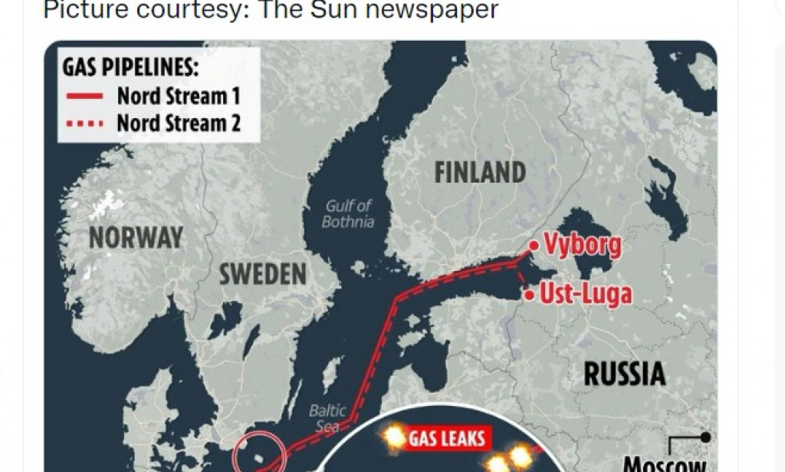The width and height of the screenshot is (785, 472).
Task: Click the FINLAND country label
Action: (480, 172)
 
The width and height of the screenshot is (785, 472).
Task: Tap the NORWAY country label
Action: (136, 237)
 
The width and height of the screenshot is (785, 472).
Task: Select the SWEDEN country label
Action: (263, 274)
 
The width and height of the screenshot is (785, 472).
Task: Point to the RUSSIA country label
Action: (624, 374)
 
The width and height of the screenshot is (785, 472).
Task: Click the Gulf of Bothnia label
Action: (348, 214)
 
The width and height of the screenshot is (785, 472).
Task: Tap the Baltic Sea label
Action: (327, 418)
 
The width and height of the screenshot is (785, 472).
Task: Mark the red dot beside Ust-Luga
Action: (528, 293)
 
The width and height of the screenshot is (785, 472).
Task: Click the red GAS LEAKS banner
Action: (446, 438)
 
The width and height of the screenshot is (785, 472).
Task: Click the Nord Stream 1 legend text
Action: (179, 97)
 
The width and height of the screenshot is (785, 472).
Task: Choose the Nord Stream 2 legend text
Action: (179, 123)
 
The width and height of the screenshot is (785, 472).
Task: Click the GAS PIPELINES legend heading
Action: (130, 68)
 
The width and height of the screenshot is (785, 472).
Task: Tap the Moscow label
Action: (663, 464)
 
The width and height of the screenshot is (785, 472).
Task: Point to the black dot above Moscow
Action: (705, 437)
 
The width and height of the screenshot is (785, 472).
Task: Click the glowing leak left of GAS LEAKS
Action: (394, 437)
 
